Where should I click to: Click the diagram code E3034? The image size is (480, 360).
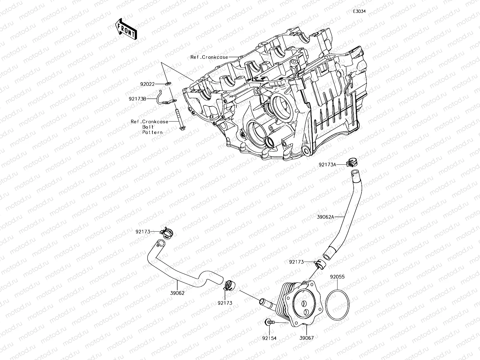coord(359,11)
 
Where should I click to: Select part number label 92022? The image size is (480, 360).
coord(147,84)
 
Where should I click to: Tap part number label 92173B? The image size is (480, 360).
coord(138,98)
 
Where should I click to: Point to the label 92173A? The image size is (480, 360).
coord(327,164)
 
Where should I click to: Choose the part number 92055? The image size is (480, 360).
coord(337,277)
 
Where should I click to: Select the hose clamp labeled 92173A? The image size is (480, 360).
coord(351,162)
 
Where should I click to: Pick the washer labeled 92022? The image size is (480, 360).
coord(168,83)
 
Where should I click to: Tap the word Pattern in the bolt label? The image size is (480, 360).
coord(152,132)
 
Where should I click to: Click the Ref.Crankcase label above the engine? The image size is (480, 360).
coord(209,57)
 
